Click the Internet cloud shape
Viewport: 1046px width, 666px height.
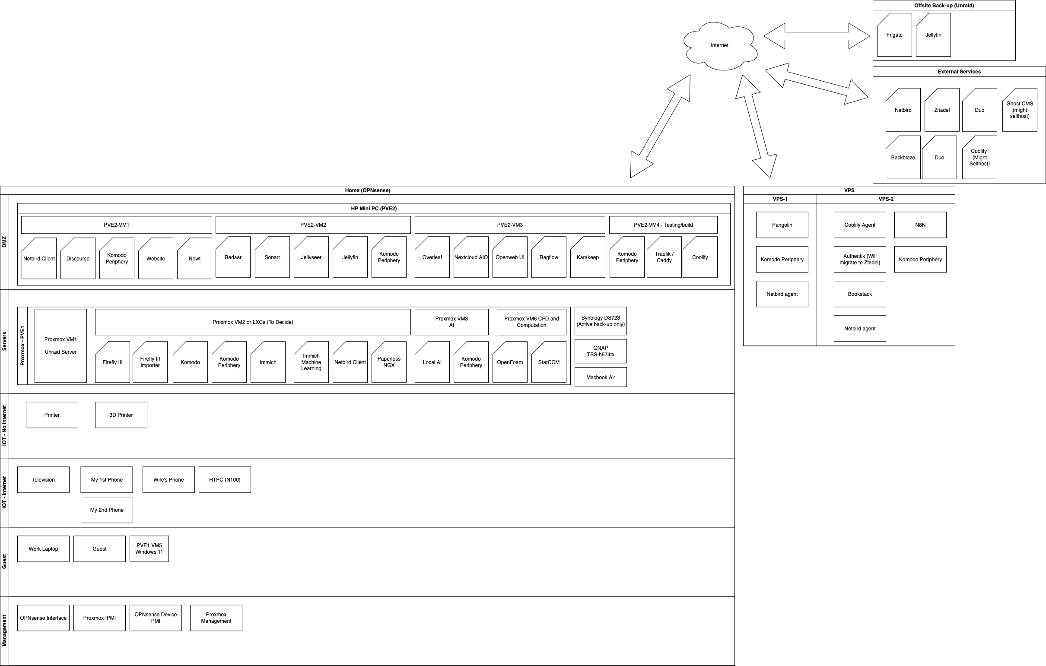tap(720, 46)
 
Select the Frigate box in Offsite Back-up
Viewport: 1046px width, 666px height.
tap(894, 35)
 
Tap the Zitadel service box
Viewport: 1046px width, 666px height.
tap(942, 110)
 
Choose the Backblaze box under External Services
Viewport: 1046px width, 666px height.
tap(903, 157)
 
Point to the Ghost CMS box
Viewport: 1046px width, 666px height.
tap(1020, 110)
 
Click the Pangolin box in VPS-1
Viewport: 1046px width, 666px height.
tap(782, 225)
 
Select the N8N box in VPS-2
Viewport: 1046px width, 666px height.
tap(920, 225)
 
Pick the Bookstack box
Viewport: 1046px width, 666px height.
tap(860, 294)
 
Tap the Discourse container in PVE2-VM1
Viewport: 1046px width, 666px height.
tap(78, 258)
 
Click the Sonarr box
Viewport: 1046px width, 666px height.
tap(272, 257)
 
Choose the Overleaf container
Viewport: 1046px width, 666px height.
tap(432, 257)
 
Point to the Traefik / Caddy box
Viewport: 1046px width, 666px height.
tap(664, 257)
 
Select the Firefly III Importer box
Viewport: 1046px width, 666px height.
tap(150, 362)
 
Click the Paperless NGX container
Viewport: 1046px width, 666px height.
tap(389, 362)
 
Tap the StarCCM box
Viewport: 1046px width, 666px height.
tap(549, 362)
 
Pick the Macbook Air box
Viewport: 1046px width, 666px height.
tap(600, 377)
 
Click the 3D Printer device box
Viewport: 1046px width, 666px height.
tap(121, 415)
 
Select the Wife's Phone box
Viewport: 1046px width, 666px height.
tap(169, 480)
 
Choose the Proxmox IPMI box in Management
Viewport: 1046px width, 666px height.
tap(99, 618)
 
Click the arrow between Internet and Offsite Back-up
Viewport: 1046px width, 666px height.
tap(817, 36)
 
